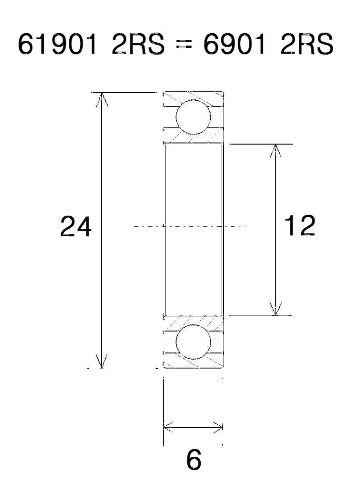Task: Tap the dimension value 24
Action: click(76, 226)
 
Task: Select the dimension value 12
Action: click(300, 225)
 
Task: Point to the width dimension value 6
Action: click(194, 459)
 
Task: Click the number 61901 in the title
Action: click(57, 44)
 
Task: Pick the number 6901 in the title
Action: click(234, 44)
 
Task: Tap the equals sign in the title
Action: click(184, 45)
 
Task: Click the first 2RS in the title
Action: click(138, 44)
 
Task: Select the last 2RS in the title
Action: click(306, 44)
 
